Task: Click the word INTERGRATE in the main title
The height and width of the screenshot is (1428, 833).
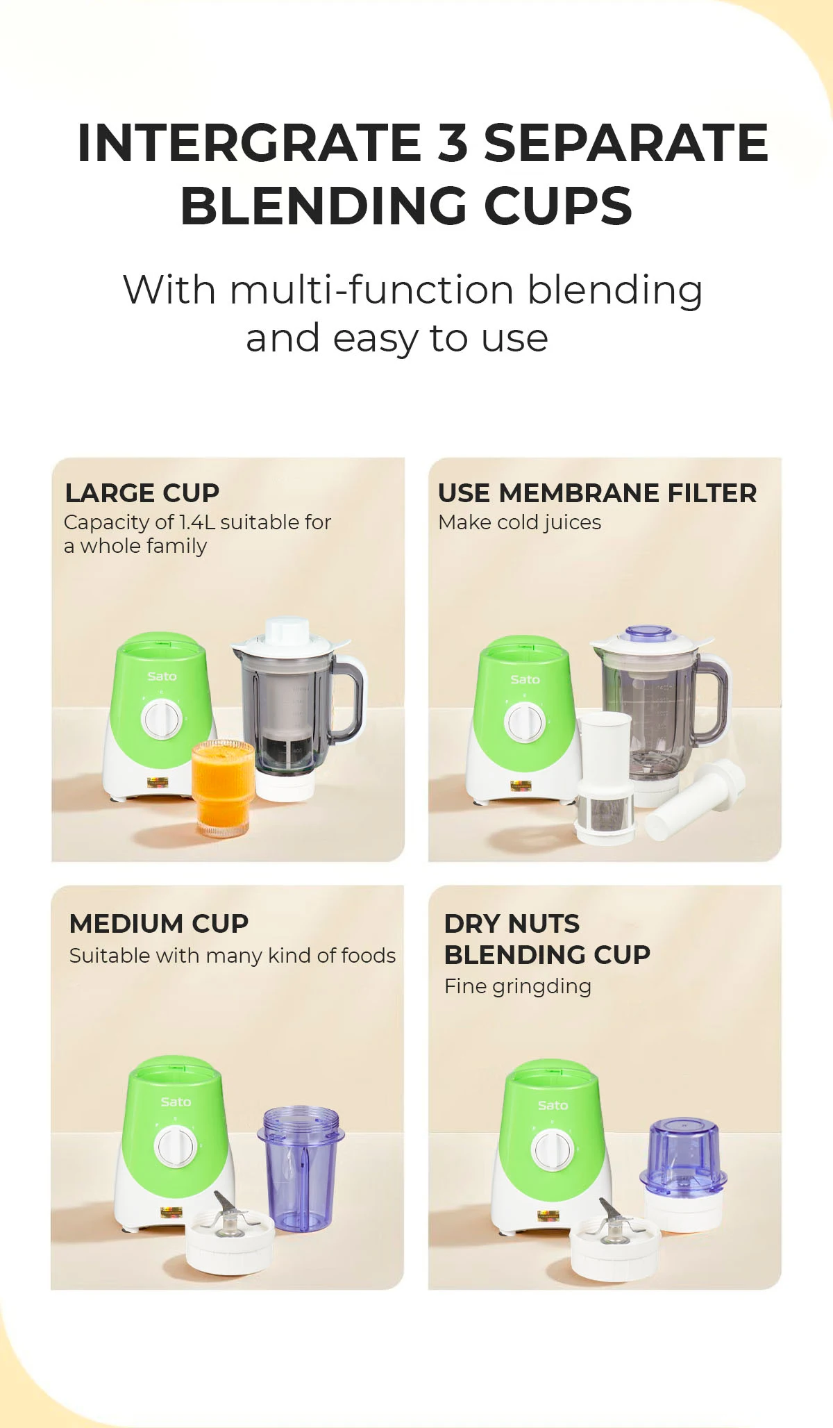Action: pyautogui.click(x=249, y=143)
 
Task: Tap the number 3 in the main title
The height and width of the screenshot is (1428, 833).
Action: pyautogui.click(x=453, y=143)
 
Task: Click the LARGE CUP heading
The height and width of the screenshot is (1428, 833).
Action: pyautogui.click(x=142, y=493)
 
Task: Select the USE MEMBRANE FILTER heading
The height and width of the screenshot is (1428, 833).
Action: pyautogui.click(x=597, y=493)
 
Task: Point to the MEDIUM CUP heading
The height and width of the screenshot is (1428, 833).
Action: pyautogui.click(x=159, y=924)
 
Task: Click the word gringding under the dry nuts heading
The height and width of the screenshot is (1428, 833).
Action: pyautogui.click(x=541, y=986)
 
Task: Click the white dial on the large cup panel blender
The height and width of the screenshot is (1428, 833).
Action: pyautogui.click(x=162, y=719)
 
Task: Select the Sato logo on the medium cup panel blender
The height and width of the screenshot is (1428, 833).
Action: pyautogui.click(x=176, y=1102)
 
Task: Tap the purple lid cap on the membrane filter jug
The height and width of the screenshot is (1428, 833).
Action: pyautogui.click(x=648, y=634)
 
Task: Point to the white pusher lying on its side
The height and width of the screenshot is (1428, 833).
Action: pyautogui.click(x=694, y=799)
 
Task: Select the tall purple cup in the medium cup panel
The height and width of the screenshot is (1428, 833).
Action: pyautogui.click(x=300, y=1167)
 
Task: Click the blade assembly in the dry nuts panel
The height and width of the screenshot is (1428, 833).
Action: pyautogui.click(x=614, y=1243)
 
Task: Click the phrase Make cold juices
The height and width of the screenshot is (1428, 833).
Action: pyautogui.click(x=519, y=522)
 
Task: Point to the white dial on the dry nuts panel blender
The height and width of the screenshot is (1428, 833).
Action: pyautogui.click(x=552, y=1149)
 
